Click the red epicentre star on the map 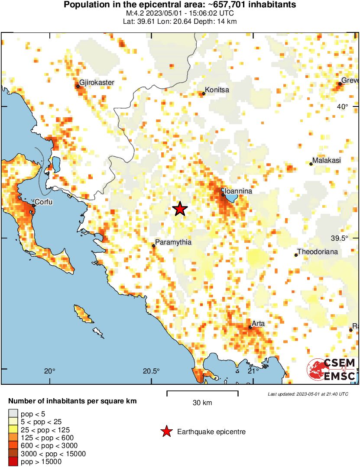(x=180, y=209)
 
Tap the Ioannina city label (x=237, y=191)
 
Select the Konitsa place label (x=217, y=90)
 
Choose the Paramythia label (x=174, y=242)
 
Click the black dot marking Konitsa (x=204, y=93)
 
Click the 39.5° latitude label (x=349, y=238)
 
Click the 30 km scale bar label (x=202, y=403)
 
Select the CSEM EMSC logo (x=332, y=370)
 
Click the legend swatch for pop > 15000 (x=13, y=462)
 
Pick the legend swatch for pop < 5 (x=13, y=414)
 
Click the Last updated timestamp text (x=308, y=394)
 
